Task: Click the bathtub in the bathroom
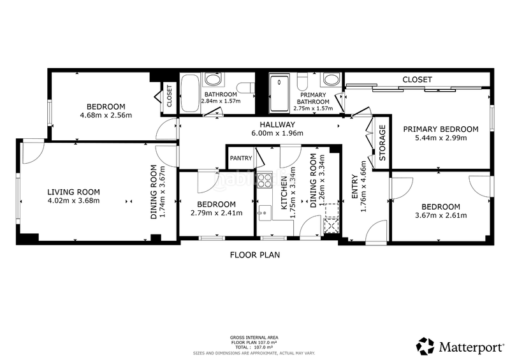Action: point(190,93)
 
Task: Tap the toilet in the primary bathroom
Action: point(303,80)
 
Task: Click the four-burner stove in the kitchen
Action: point(264,180)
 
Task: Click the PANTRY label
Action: point(241,158)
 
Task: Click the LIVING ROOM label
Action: point(74,192)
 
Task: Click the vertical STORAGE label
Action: point(382,139)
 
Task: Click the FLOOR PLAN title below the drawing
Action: point(255,254)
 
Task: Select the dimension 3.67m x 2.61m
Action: point(441,215)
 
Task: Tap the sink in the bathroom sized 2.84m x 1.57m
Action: point(211,80)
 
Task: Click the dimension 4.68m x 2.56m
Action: point(105,115)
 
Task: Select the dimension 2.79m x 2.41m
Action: point(216,213)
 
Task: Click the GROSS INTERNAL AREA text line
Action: point(255,337)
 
